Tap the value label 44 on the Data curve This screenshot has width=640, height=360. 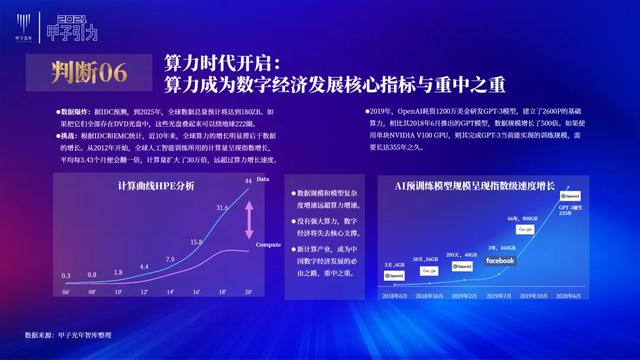tap(247, 181)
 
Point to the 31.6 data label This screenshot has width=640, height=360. tap(223, 208)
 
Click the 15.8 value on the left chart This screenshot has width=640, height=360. tap(196, 242)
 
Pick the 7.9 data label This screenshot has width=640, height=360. tap(170, 260)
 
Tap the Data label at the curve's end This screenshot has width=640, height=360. tap(263, 179)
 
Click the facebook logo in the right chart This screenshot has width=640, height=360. tap(500, 261)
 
